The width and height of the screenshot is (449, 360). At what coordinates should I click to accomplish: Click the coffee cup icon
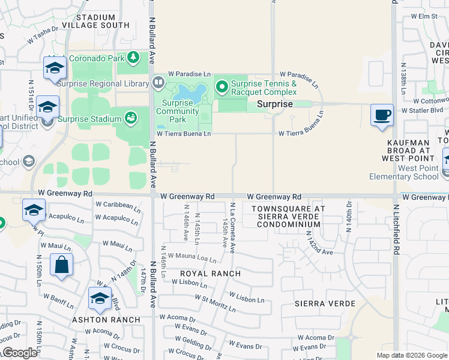381,115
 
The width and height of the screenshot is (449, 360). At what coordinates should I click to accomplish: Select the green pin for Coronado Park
133,58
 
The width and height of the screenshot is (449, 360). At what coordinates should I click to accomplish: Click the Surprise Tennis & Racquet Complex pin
221,88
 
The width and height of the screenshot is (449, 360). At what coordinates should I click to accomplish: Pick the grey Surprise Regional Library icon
159,81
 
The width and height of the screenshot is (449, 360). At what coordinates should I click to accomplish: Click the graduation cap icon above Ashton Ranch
100,298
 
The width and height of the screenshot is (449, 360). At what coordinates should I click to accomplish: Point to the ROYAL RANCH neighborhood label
210,274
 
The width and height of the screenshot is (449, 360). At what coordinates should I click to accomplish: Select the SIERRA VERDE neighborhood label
322,304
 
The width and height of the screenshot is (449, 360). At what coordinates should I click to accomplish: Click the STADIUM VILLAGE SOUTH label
95,20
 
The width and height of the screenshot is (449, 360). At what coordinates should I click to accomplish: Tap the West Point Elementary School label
409,172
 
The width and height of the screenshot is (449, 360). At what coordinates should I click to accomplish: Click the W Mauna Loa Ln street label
191,259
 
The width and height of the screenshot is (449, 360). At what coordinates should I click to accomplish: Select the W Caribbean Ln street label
118,205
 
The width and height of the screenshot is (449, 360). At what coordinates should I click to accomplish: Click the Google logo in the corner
20,353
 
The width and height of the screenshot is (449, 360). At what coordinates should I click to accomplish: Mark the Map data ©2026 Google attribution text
411,355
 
